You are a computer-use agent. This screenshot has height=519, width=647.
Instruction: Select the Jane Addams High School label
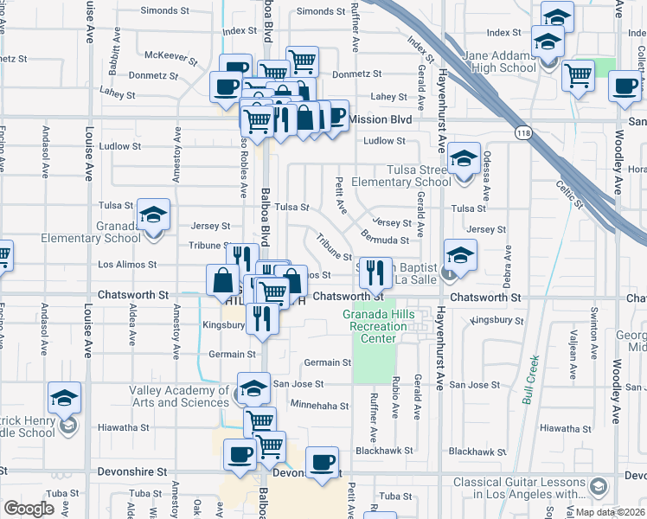(499, 62)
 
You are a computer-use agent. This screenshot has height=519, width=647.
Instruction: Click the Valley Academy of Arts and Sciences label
(180, 396)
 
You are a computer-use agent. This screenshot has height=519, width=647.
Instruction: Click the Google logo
(29, 509)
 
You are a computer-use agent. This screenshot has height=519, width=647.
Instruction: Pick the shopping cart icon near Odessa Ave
(578, 75)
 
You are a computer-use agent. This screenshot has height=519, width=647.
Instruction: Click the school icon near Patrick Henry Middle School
(64, 399)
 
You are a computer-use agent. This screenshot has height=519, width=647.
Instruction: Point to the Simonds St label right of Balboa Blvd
(321, 12)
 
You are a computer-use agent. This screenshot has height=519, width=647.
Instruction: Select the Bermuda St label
(386, 240)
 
